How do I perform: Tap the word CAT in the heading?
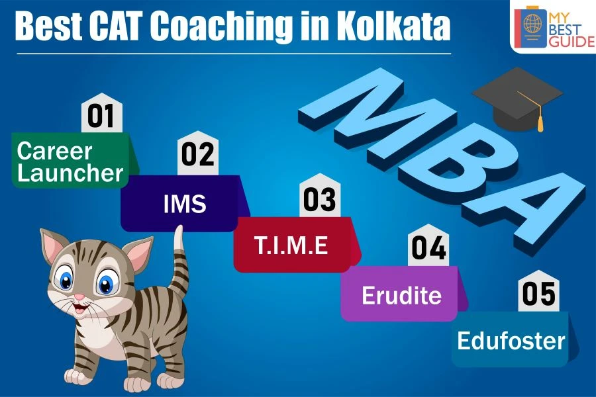(115, 25)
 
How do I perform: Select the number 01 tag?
(102, 113)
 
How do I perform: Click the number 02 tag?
(197, 153)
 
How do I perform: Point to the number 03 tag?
(320, 196)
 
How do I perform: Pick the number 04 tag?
(428, 245)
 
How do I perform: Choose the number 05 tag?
(538, 291)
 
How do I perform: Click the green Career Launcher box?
(72, 160)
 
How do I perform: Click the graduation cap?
(518, 99)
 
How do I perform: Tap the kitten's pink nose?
(79, 296)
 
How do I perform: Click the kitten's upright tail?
(178, 262)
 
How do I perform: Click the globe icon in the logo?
(532, 23)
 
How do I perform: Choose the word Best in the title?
(48, 25)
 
